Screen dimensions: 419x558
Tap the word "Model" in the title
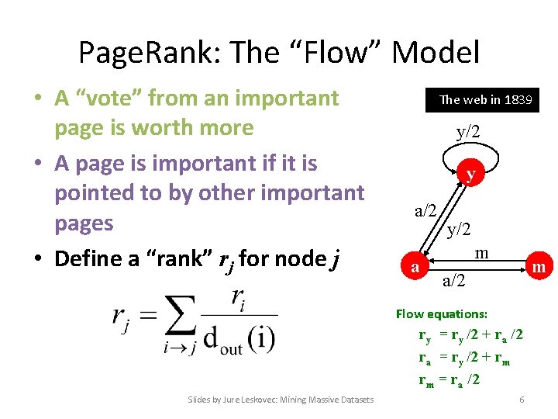436,52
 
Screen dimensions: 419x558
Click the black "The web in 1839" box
485,100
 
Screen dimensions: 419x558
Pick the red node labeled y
470,175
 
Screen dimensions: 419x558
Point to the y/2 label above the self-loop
468,132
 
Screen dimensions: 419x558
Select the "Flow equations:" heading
442,314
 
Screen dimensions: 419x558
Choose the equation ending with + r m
463,358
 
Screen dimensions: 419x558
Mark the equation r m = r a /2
449,379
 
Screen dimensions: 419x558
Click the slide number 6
522,399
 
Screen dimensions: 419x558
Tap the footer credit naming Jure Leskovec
281,400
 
